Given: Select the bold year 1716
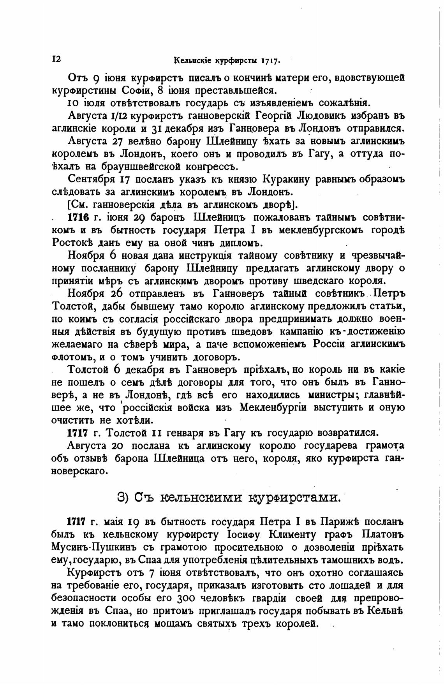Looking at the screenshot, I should [79, 217].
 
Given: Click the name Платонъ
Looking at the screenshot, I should [383, 535].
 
